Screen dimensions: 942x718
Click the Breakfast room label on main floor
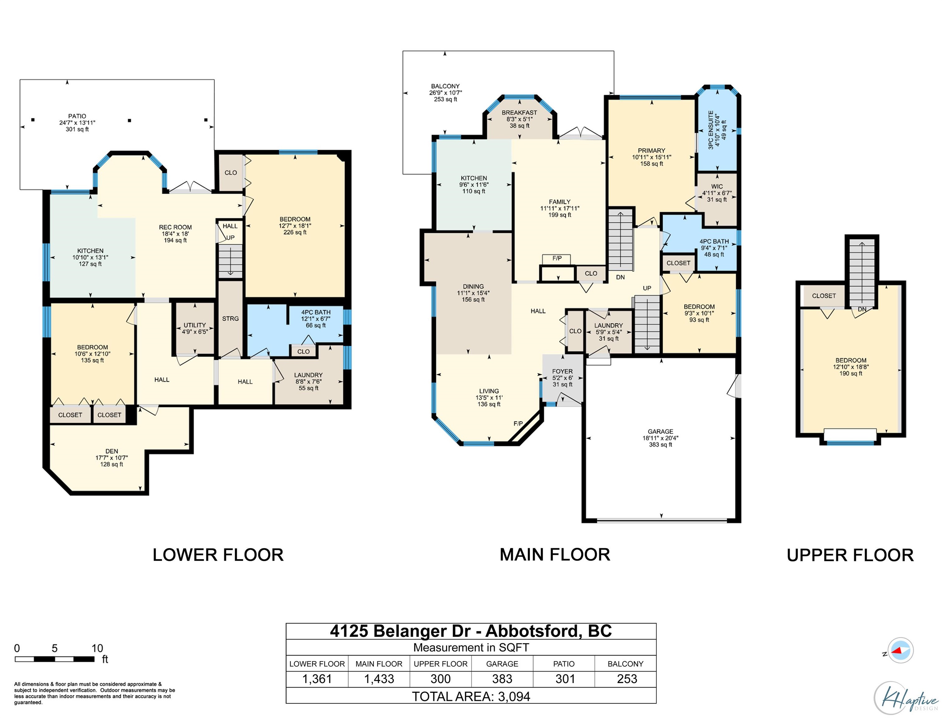tap(519, 113)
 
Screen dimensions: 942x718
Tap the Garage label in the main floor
tap(660, 432)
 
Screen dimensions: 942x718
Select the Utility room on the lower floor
tap(195, 328)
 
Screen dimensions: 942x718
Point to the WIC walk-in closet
tap(717, 199)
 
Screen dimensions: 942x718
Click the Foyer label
tap(562, 372)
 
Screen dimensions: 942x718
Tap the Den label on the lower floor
tap(112, 451)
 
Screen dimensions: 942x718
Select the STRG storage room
tap(230, 319)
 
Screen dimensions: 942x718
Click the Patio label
tap(77, 116)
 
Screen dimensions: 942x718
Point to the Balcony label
tap(445, 86)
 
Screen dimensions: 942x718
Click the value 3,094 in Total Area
tap(514, 696)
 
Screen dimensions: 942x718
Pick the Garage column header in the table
tap(502, 664)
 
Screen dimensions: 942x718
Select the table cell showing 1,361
tap(317, 679)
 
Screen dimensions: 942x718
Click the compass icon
tap(900, 650)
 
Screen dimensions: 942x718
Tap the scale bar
tap(55, 659)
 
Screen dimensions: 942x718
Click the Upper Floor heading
tap(850, 555)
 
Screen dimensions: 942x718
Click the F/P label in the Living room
tap(518, 424)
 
